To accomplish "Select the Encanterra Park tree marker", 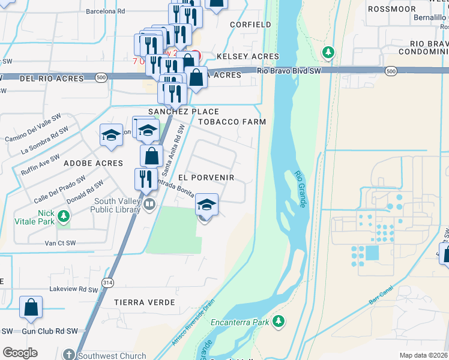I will pyautogui.click(x=278, y=322).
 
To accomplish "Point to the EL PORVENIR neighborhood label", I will pyautogui.click(x=206, y=178).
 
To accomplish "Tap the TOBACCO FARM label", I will pyautogui.click(x=232, y=121).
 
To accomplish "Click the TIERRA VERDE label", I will pyautogui.click(x=145, y=302).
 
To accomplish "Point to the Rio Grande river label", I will pyautogui.click(x=301, y=190).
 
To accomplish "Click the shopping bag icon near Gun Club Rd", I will pyautogui.click(x=31, y=307).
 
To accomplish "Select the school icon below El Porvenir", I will pyautogui.click(x=206, y=205).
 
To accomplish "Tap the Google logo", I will pyautogui.click(x=20, y=353).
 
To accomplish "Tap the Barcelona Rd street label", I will pyautogui.click(x=105, y=11).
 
